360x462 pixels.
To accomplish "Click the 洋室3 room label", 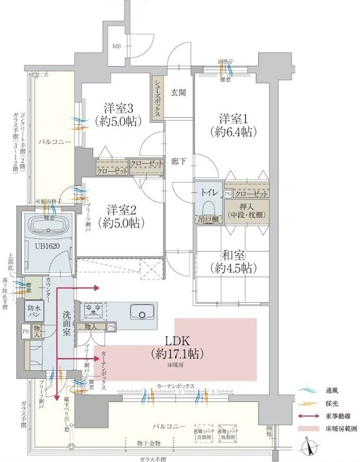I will (119, 108).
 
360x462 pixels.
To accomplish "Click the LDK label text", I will (177, 341).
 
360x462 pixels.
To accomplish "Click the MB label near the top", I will (117, 46).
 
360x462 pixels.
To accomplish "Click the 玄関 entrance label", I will (177, 92).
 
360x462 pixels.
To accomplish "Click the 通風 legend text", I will (333, 391).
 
